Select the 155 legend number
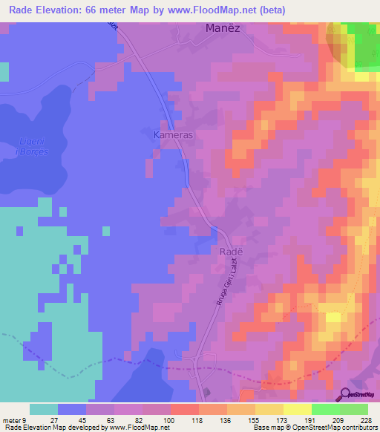point(254,419)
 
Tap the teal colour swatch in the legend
point(44,409)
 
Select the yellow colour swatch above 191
point(298,409)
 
